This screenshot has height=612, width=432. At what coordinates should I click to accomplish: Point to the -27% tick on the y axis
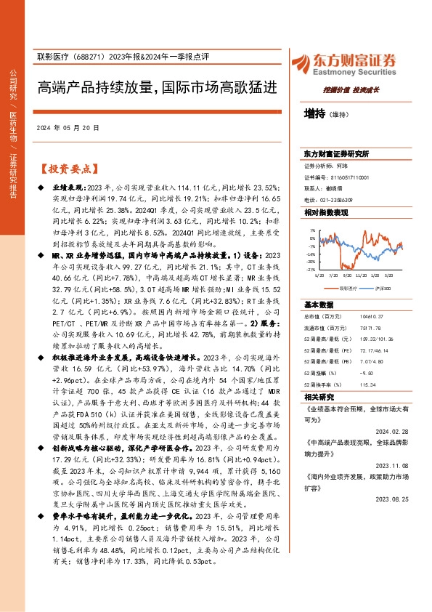coord(311,267)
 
